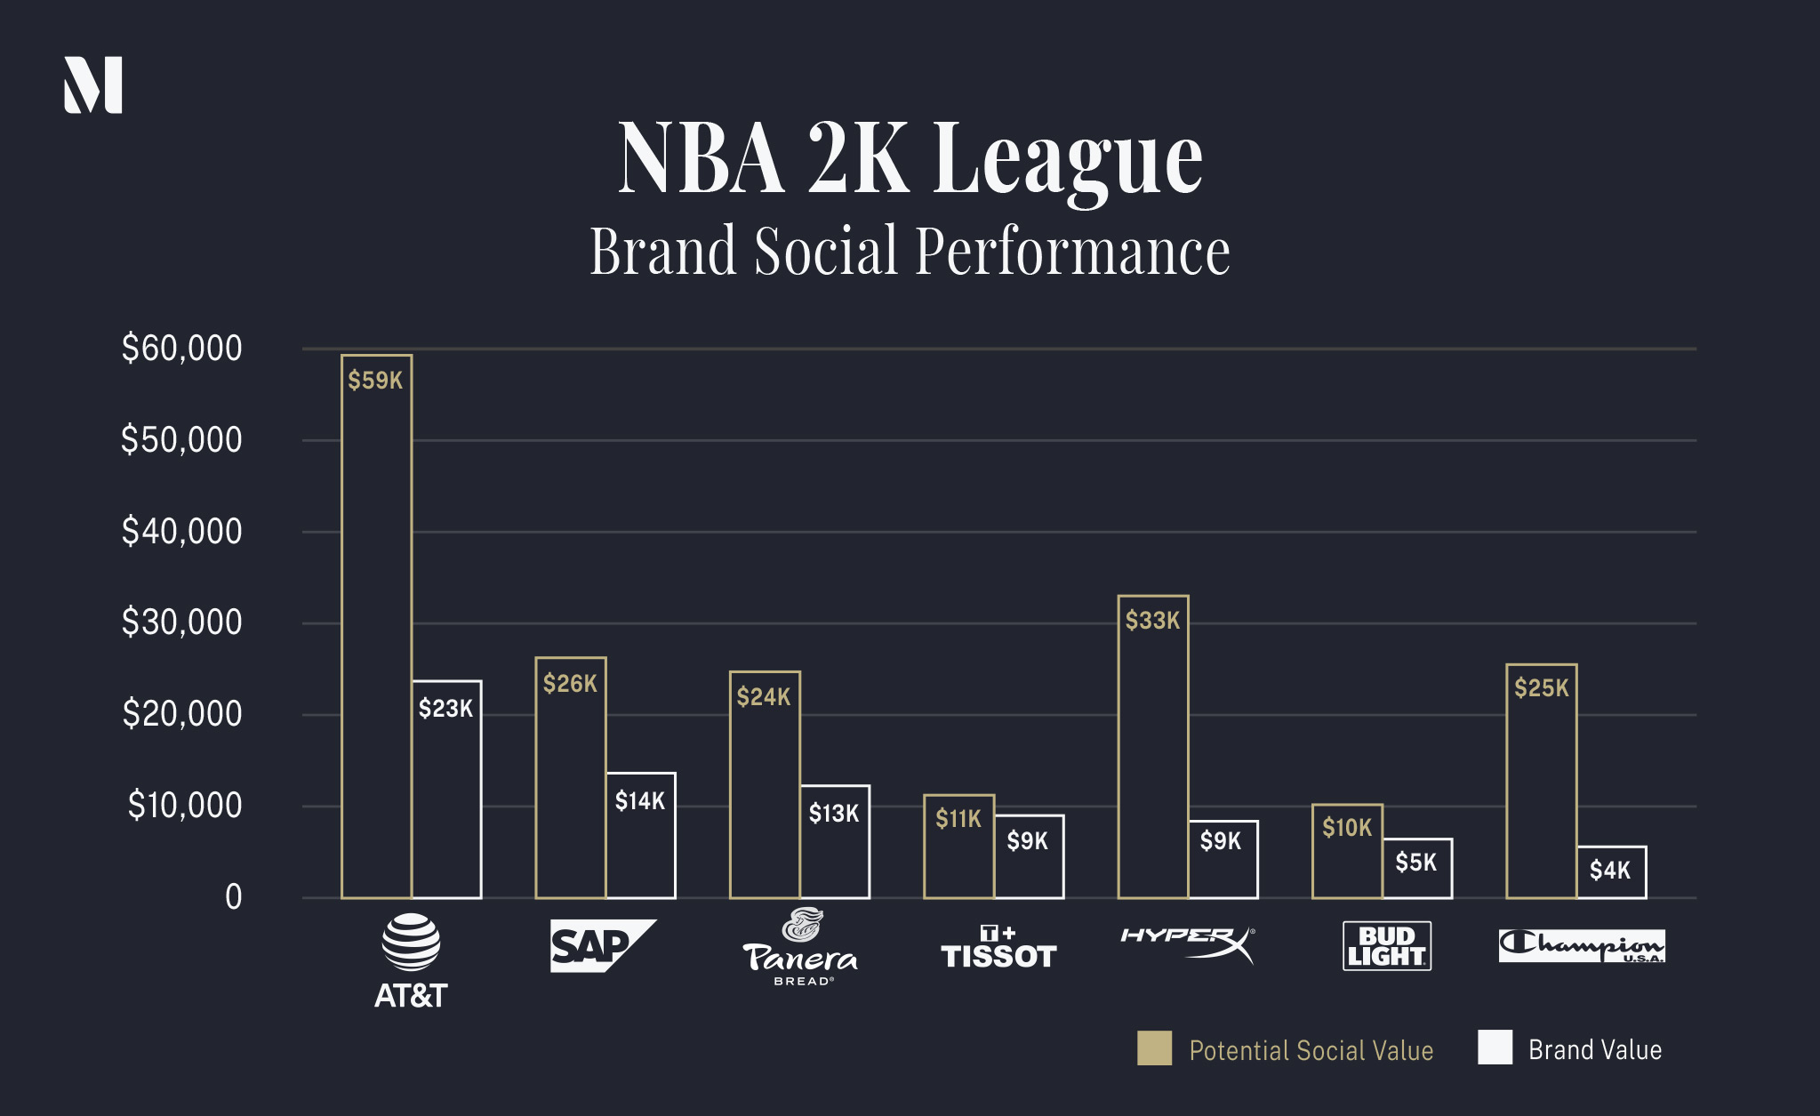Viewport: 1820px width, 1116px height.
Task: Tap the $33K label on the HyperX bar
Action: [x=1152, y=621]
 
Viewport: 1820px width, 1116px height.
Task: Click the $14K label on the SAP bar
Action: [x=640, y=801]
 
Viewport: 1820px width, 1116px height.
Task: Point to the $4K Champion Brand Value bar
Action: [x=1611, y=872]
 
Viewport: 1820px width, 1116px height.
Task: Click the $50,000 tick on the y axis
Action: [x=181, y=440]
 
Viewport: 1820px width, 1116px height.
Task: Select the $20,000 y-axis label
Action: [x=181, y=714]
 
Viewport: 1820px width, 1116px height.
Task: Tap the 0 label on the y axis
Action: [x=233, y=897]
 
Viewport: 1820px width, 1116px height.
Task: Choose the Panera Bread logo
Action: [x=800, y=948]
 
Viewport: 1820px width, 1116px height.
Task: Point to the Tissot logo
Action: [x=998, y=948]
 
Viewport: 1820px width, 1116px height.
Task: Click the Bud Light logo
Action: [x=1386, y=946]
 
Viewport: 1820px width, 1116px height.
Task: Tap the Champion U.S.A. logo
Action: [x=1582, y=946]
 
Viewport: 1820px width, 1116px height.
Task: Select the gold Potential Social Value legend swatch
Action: [x=1154, y=1048]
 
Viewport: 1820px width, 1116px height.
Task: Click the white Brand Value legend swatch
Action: [x=1495, y=1048]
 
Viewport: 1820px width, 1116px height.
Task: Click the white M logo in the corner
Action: [x=92, y=85]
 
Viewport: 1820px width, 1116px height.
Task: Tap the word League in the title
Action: [x=1067, y=160]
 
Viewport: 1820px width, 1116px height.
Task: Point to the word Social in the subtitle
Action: [x=826, y=252]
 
